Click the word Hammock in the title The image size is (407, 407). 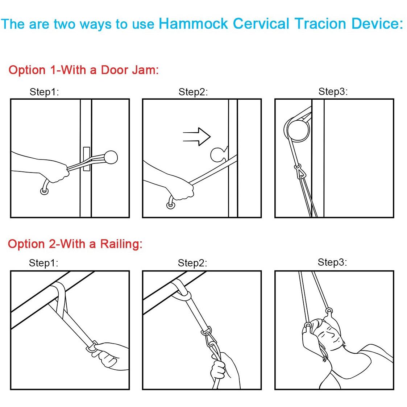point(193,24)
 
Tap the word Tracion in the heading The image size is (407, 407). point(321,24)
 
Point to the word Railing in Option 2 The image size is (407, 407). point(121,244)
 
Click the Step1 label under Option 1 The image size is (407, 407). point(44,92)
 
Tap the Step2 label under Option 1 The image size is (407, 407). point(193,92)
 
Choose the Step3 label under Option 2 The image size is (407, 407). point(332,262)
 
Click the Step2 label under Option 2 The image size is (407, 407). point(192,263)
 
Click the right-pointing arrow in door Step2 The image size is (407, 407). point(196,137)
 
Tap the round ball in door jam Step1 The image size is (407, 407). point(111,157)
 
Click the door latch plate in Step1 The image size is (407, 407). point(86,159)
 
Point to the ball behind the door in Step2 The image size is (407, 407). point(218,155)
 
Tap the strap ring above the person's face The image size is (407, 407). point(329,311)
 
